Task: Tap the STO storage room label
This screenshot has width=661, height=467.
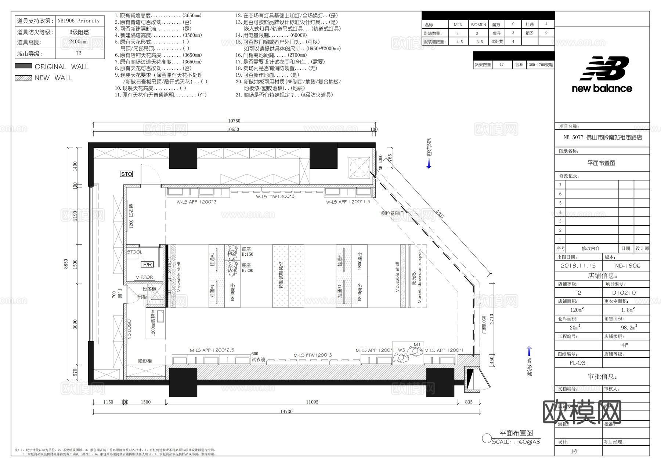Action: (126, 174)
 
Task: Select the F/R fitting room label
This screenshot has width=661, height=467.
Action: (147, 264)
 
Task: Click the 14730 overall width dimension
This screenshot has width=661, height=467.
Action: (286, 412)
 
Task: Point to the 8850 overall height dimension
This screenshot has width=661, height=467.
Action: (66, 263)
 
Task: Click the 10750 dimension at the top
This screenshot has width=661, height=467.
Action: (234, 121)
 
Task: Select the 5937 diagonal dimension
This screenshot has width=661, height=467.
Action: (440, 215)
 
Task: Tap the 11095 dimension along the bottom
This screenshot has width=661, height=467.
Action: (312, 402)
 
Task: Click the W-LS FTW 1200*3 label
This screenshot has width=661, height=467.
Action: (275, 197)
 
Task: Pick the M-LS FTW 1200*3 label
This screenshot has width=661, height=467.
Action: (313, 355)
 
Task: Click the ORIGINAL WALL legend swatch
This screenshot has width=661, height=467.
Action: (24, 66)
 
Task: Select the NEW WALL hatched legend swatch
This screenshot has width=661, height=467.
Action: (24, 78)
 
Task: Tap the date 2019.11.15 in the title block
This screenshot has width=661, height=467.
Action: (578, 266)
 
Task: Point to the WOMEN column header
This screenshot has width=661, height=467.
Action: (478, 25)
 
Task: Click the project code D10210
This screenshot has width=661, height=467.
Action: (624, 293)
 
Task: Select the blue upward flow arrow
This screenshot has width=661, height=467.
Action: (529, 351)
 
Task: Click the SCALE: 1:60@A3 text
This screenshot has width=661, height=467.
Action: (516, 442)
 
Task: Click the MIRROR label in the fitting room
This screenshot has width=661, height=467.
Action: (144, 277)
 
